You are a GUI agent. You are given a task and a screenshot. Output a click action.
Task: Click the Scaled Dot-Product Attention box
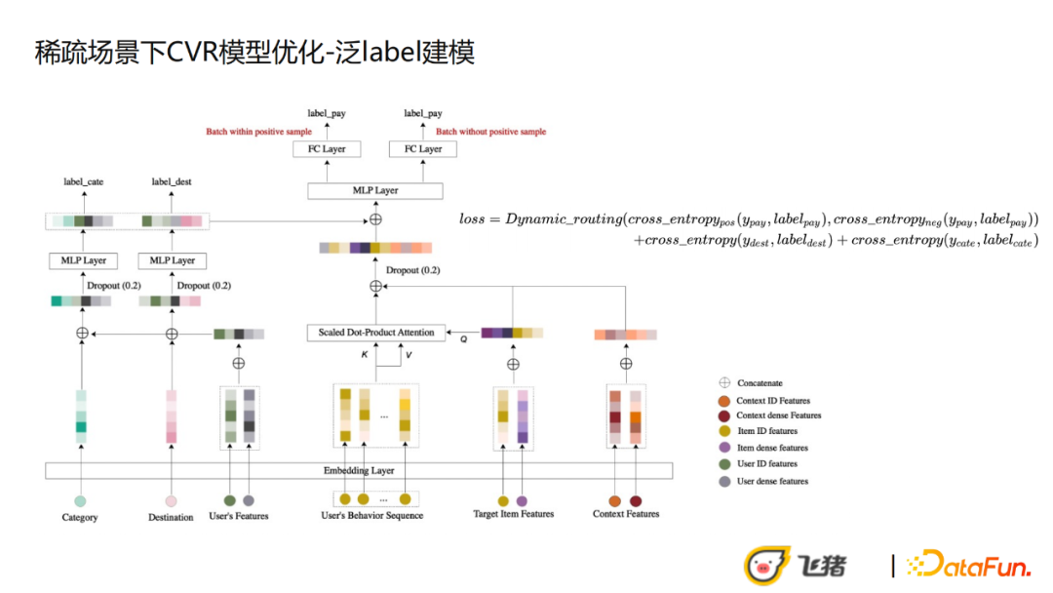[376, 333]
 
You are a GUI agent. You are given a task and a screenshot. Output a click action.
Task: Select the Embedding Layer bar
[359, 471]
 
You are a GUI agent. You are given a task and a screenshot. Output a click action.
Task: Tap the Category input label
[80, 517]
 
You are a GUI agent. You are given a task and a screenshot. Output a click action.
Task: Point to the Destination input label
[171, 517]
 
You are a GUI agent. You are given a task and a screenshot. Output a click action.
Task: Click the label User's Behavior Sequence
[371, 515]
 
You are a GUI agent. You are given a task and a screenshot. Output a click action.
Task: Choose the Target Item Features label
[513, 514]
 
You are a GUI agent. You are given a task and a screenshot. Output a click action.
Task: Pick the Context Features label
[626, 514]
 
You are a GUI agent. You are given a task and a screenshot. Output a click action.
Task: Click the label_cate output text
[83, 181]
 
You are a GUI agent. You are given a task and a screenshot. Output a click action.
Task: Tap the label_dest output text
[172, 181]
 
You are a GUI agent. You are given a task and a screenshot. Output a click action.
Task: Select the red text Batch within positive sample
[258, 132]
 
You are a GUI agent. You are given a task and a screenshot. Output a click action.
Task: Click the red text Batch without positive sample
[490, 132]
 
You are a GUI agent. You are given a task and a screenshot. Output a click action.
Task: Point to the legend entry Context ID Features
[772, 400]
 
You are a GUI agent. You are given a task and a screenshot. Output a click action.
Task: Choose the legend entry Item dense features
[771, 448]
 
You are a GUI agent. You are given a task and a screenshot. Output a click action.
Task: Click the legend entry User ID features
[766, 463]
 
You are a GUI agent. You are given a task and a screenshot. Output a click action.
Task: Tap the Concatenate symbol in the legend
[724, 383]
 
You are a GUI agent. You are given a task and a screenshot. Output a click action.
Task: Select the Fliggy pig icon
[767, 565]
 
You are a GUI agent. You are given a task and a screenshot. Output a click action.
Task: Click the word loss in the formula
[471, 219]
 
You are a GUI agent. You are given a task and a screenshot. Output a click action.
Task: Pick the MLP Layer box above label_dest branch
[173, 260]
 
